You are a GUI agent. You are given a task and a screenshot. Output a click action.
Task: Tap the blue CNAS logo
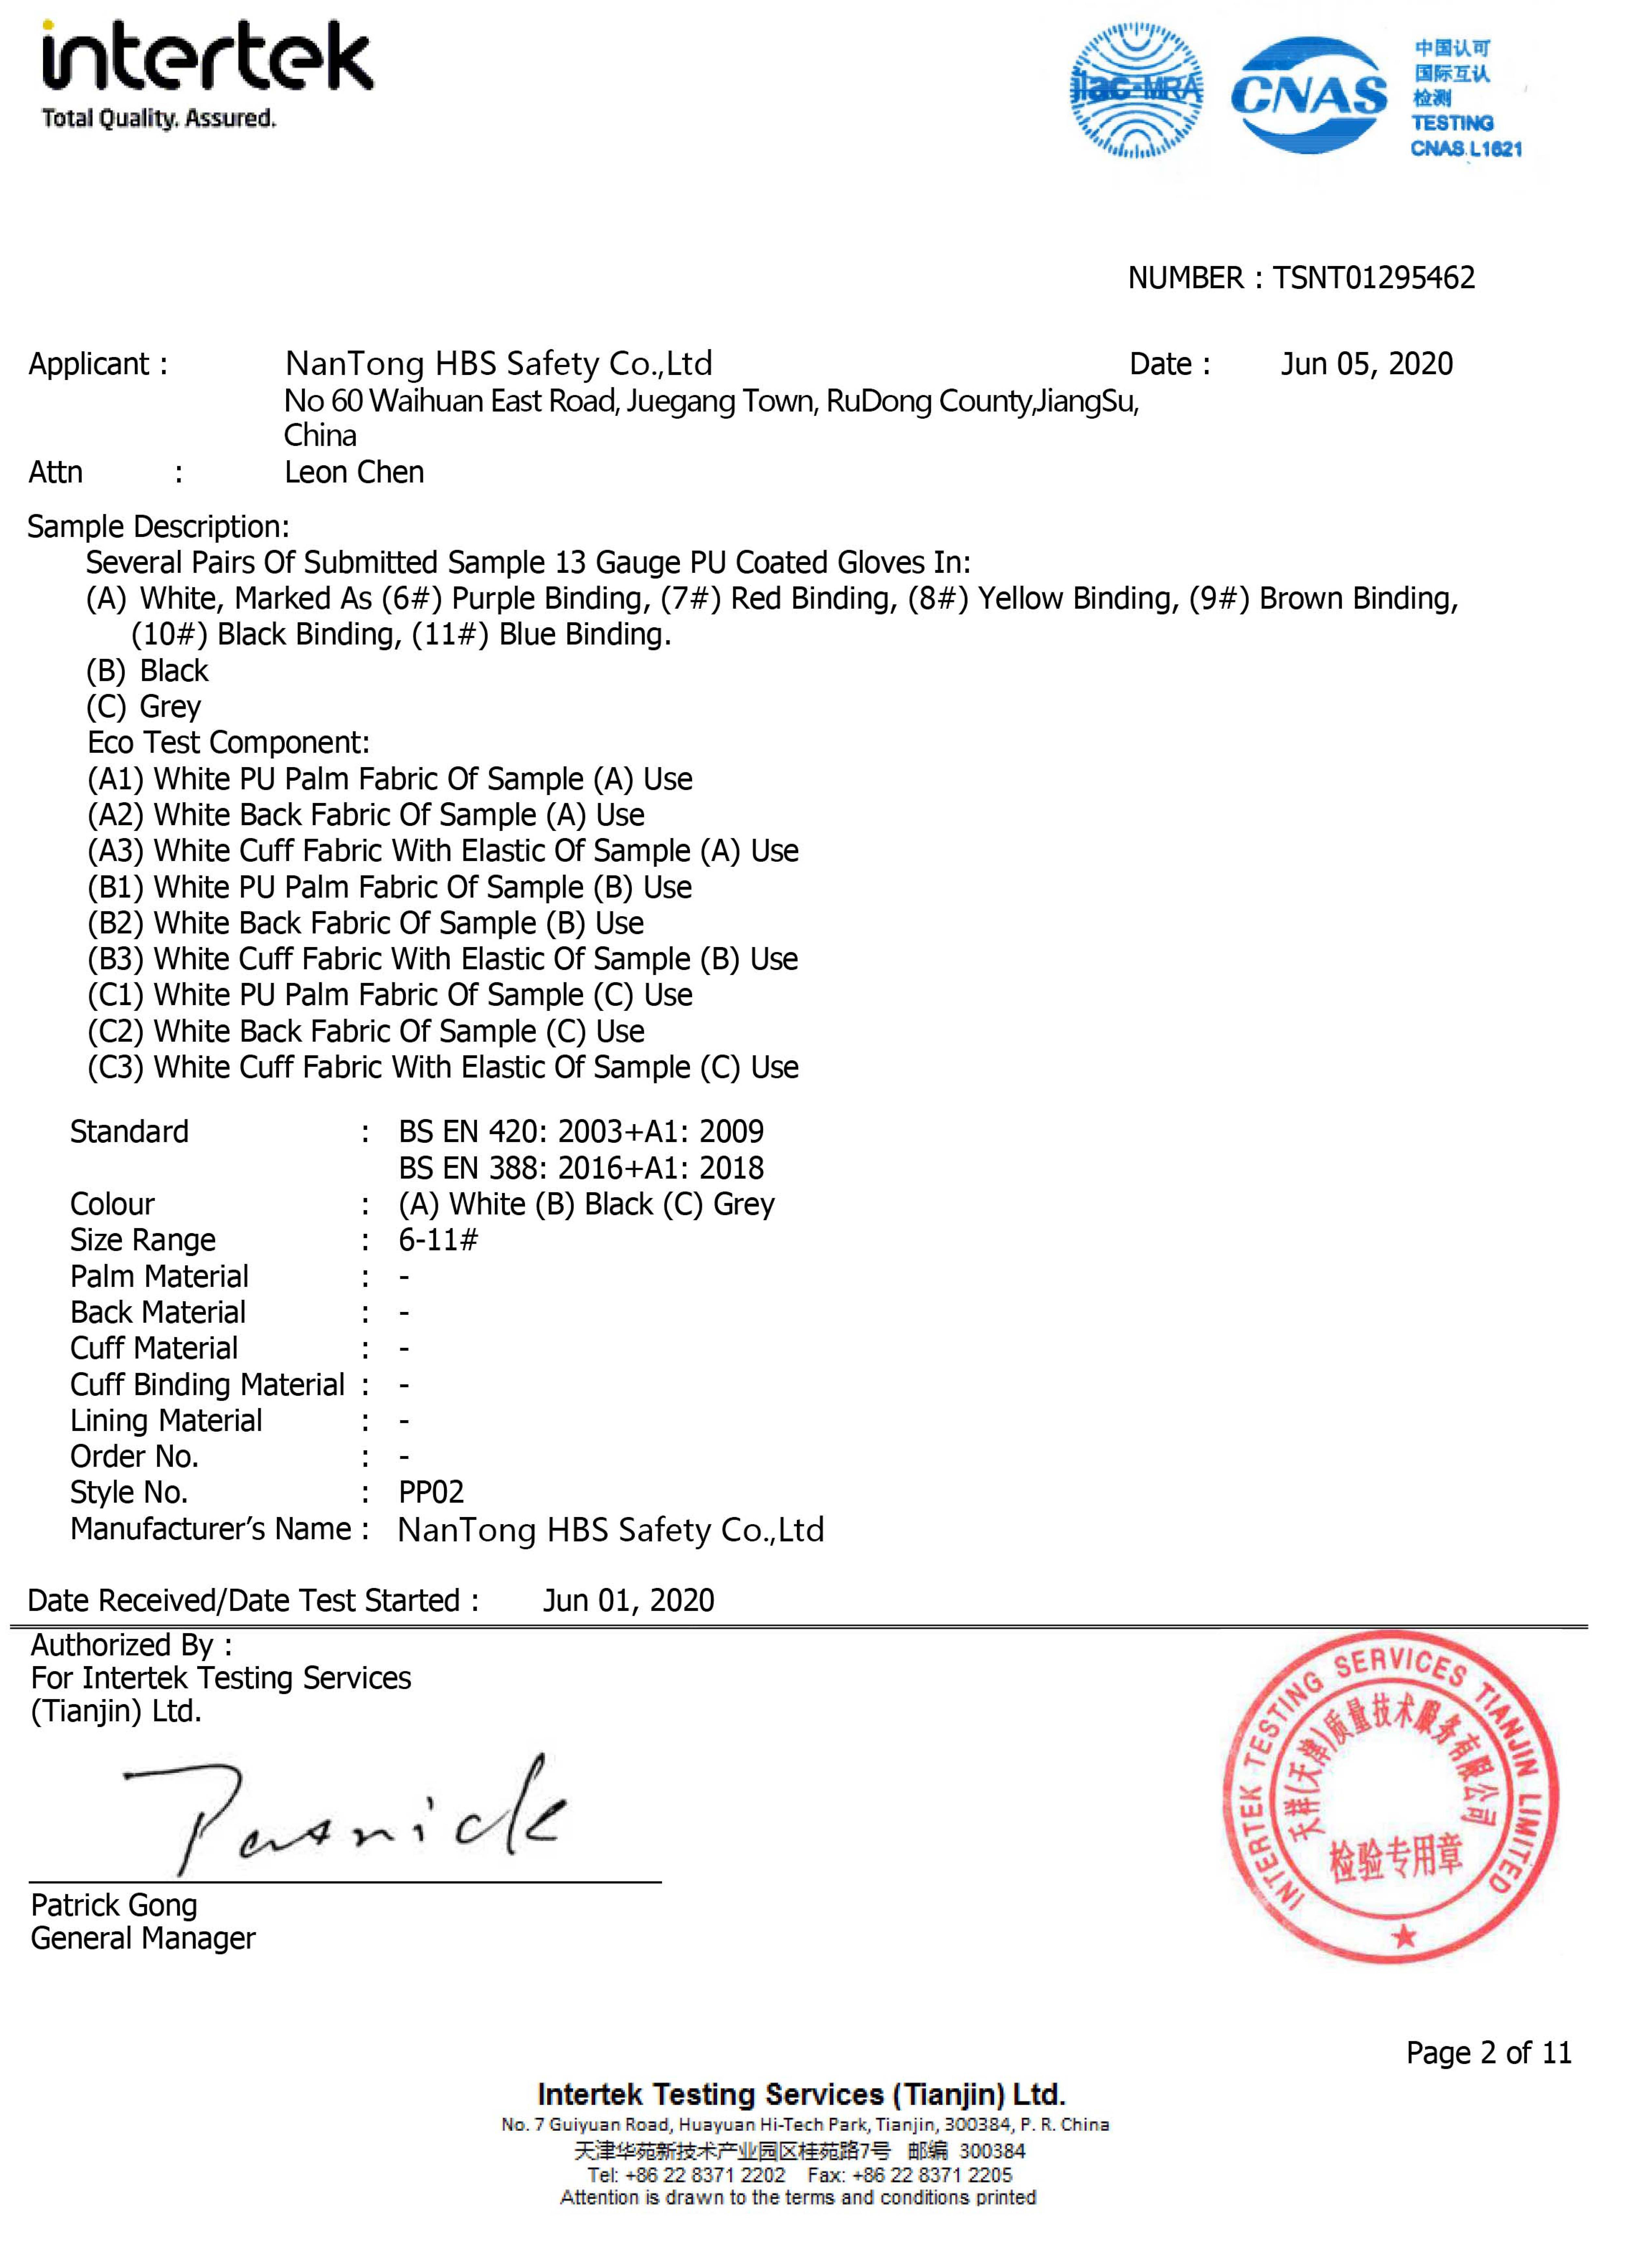(1308, 96)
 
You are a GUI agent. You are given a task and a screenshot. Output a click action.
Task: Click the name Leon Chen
(354, 472)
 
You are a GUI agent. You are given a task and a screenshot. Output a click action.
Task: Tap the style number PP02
(431, 1492)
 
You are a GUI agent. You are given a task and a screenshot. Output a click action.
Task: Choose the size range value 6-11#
(438, 1240)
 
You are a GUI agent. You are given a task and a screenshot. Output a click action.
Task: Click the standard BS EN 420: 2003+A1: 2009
(581, 1132)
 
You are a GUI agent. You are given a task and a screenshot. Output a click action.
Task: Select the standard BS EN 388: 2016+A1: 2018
(581, 1167)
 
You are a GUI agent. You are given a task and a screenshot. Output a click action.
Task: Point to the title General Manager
(143, 1938)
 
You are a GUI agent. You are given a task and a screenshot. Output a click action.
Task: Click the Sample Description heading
(157, 527)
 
